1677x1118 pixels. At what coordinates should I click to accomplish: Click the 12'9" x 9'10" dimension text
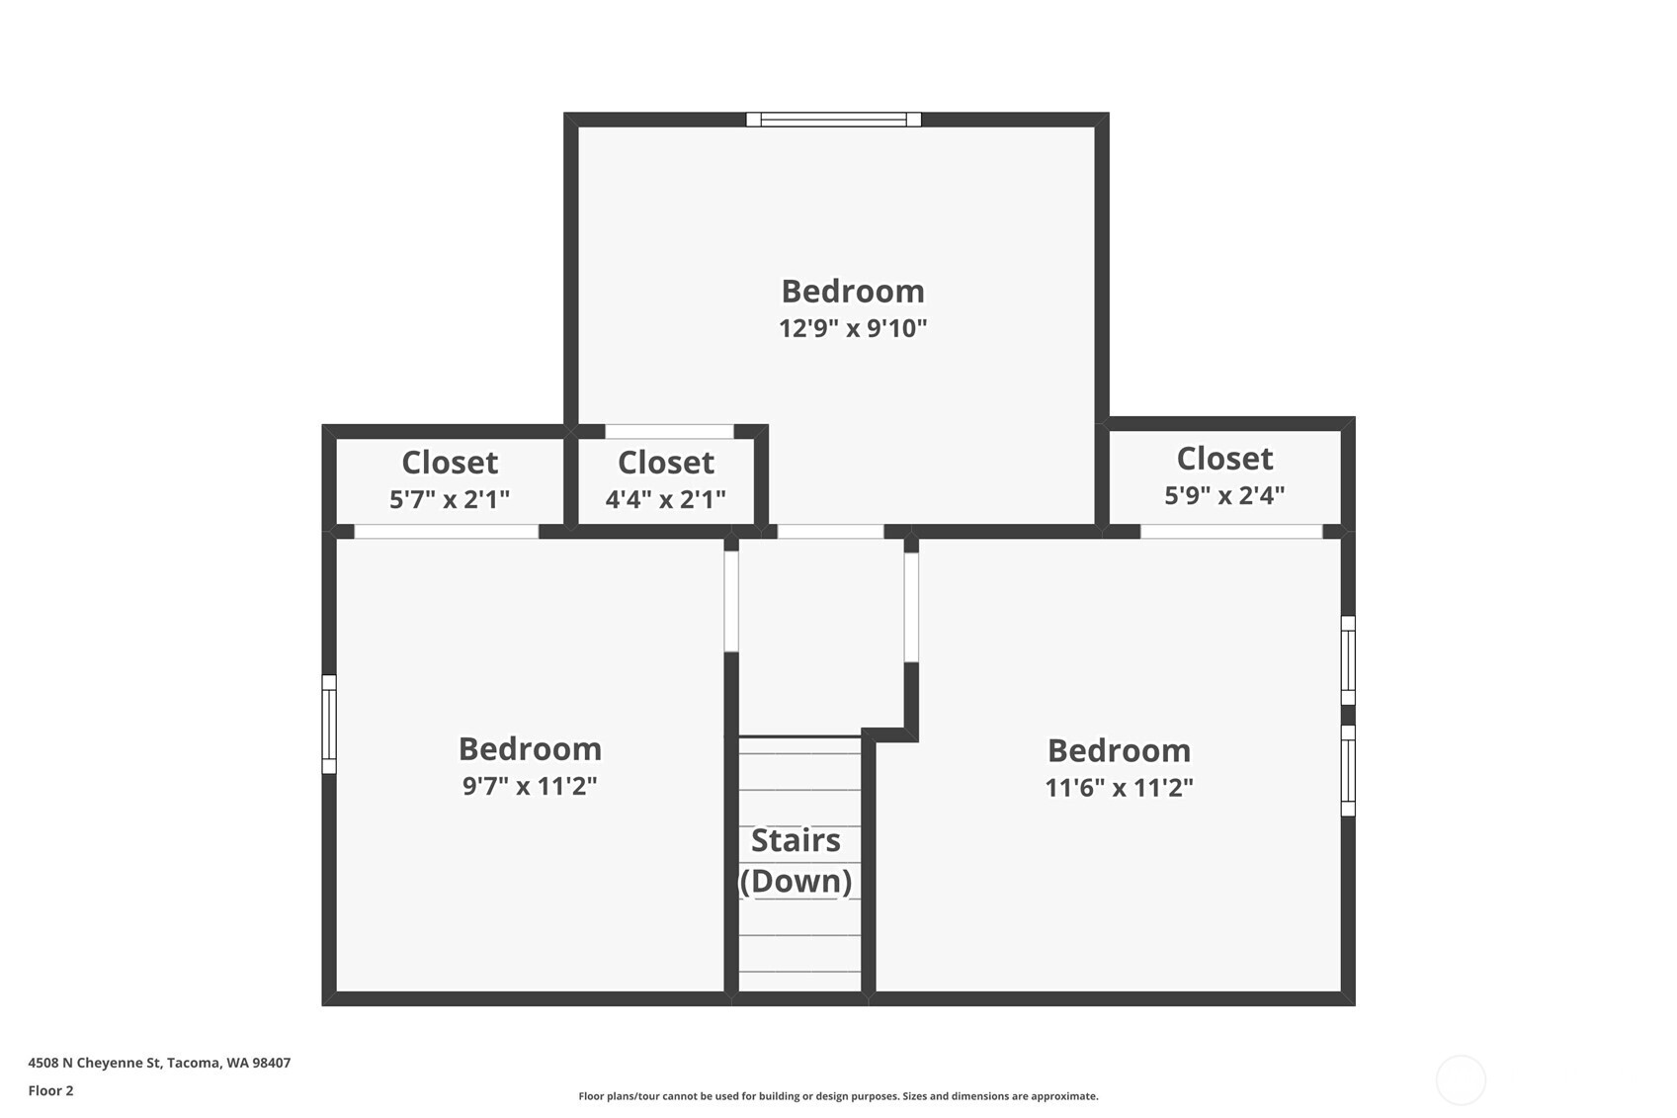(x=853, y=328)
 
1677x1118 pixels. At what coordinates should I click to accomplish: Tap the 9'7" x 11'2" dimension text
(x=530, y=786)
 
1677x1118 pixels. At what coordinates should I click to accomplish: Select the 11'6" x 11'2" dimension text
(x=1120, y=788)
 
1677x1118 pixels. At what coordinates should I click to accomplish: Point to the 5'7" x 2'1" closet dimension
(x=450, y=499)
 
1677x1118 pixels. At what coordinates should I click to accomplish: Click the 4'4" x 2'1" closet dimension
(x=665, y=499)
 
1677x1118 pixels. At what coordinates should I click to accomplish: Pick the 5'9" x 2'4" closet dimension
(x=1224, y=495)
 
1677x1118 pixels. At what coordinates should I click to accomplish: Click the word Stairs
(x=796, y=840)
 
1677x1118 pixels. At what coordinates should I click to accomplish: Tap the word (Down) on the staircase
(x=796, y=881)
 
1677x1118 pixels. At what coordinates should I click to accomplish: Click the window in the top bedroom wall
(x=833, y=119)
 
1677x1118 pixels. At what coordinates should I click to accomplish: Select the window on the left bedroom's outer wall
(x=329, y=725)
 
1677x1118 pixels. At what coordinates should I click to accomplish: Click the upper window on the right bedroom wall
(x=1348, y=660)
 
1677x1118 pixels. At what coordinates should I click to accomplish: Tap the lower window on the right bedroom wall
(x=1348, y=771)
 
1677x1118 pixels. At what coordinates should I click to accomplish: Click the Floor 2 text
(x=51, y=1090)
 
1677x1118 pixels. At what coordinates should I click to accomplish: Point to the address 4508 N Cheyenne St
(x=95, y=1063)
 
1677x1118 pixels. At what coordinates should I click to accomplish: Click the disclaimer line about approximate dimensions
(x=838, y=1096)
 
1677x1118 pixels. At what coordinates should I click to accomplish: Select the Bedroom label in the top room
(x=853, y=292)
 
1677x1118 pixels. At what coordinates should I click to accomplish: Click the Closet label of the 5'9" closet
(x=1224, y=459)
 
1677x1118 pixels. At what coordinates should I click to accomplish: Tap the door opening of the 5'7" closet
(x=447, y=532)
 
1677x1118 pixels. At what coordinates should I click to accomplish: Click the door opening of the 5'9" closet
(x=1231, y=532)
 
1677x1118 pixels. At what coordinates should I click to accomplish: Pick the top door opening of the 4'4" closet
(x=669, y=431)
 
